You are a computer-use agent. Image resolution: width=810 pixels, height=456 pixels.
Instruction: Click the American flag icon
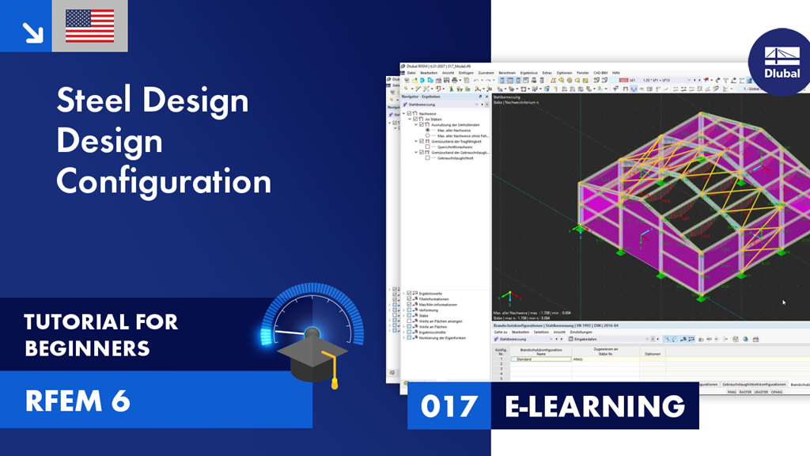[89, 26]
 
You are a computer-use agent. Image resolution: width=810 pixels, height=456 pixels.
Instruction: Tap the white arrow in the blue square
[32, 32]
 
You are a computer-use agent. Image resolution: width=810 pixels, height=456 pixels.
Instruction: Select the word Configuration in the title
[164, 181]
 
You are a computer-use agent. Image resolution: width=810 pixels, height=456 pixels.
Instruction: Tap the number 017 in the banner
[449, 406]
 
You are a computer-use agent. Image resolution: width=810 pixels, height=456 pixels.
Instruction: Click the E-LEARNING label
[595, 406]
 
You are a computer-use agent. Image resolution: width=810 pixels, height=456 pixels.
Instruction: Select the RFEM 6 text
[77, 401]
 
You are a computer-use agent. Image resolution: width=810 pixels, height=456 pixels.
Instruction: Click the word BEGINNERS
[87, 348]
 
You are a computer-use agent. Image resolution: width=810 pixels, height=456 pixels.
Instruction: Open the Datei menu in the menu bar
[411, 73]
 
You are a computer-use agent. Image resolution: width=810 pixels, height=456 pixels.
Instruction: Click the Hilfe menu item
[616, 73]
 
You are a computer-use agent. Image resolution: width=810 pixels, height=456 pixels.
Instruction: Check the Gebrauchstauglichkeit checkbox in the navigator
[427, 158]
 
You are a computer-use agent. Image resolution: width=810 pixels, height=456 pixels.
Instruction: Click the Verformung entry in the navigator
[428, 310]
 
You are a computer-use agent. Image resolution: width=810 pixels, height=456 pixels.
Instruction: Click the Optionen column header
[653, 353]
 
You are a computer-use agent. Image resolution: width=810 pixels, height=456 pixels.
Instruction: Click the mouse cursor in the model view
[784, 302]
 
